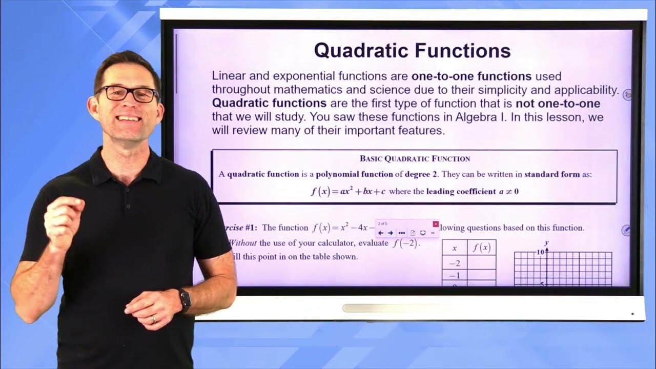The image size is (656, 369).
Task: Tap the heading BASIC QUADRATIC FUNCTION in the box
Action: [415, 158]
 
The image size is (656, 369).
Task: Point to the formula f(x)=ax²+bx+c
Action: [348, 192]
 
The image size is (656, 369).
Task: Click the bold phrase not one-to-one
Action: [558, 104]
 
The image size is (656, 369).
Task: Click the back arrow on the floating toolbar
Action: [381, 233]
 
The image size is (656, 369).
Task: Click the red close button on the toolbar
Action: [435, 224]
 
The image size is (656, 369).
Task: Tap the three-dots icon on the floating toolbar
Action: [401, 233]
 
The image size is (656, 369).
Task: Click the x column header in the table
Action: [454, 248]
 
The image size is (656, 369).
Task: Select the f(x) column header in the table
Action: [481, 248]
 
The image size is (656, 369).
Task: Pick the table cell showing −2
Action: [454, 262]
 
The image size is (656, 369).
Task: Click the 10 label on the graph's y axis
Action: [540, 253]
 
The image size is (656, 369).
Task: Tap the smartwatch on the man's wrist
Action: [184, 300]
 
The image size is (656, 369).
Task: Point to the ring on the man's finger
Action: [154, 319]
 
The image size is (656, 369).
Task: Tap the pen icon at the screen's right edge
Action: [626, 230]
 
